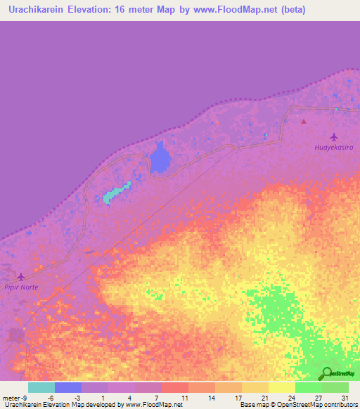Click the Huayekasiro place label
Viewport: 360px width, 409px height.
click(333, 148)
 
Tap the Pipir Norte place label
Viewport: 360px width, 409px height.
click(20, 287)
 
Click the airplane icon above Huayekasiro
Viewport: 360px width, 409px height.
click(333, 136)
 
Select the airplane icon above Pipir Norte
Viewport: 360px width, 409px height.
click(21, 277)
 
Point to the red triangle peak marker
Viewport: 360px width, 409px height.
click(304, 121)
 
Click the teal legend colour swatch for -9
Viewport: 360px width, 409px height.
click(41, 387)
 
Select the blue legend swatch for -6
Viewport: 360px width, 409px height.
click(68, 387)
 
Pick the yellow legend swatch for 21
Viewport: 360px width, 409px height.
click(255, 387)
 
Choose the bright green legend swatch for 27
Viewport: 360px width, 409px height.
click(309, 387)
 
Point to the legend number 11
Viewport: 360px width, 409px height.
click(184, 397)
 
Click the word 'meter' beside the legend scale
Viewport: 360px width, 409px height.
click(12, 397)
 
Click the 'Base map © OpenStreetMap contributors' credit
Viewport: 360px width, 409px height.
click(296, 405)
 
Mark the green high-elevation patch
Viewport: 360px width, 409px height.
click(274, 309)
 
